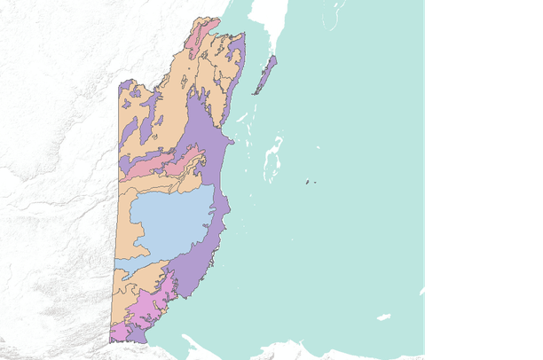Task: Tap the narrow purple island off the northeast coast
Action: (x=266, y=75)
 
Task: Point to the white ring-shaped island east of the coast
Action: (x=273, y=158)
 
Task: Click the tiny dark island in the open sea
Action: (x=308, y=183)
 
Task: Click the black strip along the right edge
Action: (x=484, y=177)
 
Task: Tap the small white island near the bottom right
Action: (x=383, y=317)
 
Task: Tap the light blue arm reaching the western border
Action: (x=129, y=264)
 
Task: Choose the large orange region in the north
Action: (x=169, y=98)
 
